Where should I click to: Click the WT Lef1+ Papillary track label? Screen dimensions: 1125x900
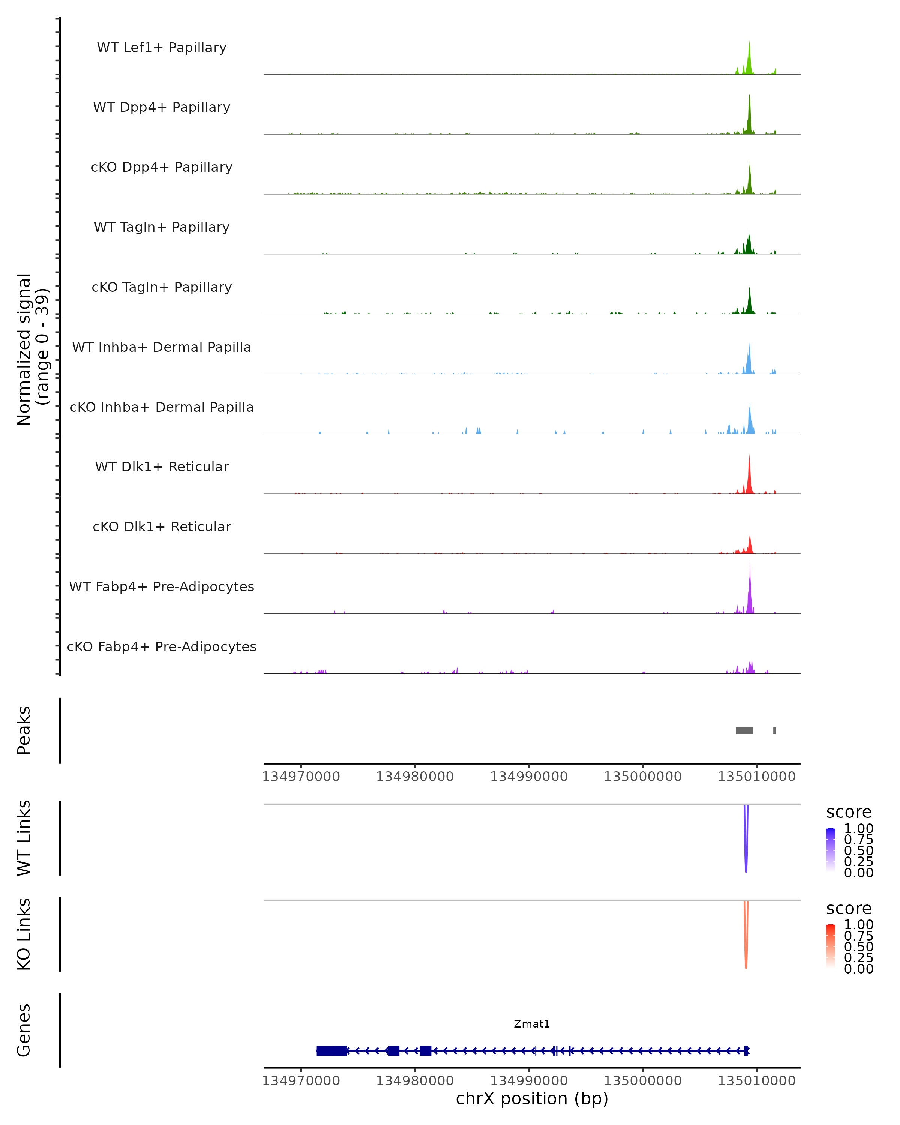(x=162, y=48)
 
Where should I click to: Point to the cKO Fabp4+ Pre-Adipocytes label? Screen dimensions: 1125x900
(x=162, y=646)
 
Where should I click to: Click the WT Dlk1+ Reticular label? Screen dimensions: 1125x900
(x=162, y=466)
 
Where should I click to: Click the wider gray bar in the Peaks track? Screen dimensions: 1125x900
(x=744, y=730)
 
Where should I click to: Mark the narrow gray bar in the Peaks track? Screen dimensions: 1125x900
(x=775, y=730)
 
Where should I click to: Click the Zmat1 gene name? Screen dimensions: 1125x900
(x=532, y=1023)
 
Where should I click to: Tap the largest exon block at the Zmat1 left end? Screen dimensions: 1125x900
(x=332, y=1050)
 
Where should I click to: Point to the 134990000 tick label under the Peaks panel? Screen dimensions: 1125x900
(x=528, y=777)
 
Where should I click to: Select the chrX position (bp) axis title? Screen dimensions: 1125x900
(x=532, y=1098)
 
